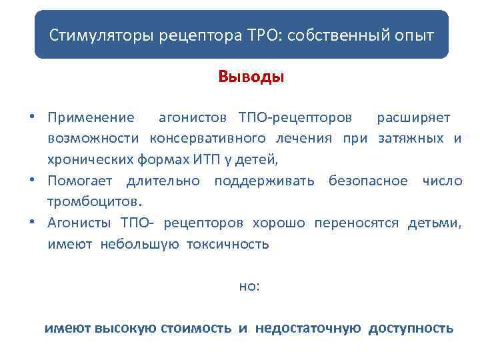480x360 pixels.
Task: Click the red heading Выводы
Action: pyautogui.click(x=251, y=77)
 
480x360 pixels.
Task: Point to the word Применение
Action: pyautogui.click(x=91, y=118)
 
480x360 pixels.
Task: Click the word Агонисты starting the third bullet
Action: pyautogui.click(x=79, y=222)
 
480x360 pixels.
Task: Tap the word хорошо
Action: pyautogui.click(x=279, y=222)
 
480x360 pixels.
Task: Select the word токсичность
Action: pyautogui.click(x=227, y=243)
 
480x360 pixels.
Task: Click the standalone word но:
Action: pyautogui.click(x=249, y=286)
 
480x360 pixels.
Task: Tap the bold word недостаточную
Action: pyautogui.click(x=307, y=328)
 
